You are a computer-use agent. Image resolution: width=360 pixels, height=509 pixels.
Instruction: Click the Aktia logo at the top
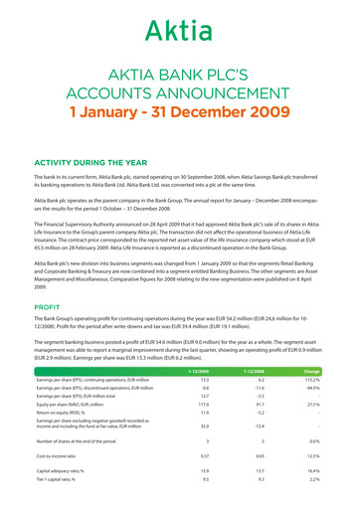click(x=179, y=31)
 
